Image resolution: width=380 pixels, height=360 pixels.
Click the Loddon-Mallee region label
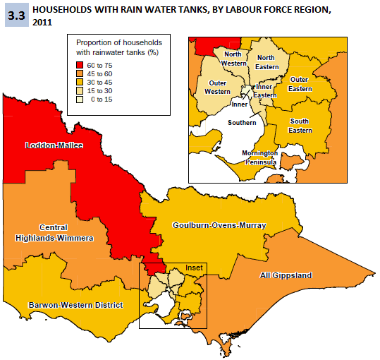(x=54, y=146)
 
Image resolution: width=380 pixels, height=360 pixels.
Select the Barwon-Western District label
(x=76, y=305)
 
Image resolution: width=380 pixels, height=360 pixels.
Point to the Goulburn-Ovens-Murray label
(x=219, y=225)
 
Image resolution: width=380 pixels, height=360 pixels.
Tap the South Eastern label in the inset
(x=300, y=126)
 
